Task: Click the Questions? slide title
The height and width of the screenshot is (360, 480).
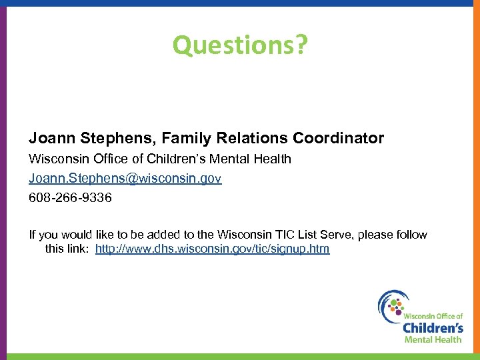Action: [x=240, y=45]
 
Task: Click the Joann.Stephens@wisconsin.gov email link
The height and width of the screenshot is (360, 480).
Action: [x=125, y=179]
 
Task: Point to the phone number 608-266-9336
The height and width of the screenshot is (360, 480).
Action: [x=70, y=198]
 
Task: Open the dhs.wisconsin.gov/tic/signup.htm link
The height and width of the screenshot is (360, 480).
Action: [x=212, y=249]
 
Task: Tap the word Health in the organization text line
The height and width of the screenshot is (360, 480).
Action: [x=273, y=159]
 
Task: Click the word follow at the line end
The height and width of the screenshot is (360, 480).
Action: [x=411, y=235]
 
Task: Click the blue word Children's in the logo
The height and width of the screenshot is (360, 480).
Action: [x=433, y=327]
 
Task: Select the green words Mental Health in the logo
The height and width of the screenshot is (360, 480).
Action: [x=433, y=339]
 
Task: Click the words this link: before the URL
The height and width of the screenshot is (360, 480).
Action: [x=67, y=249]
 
